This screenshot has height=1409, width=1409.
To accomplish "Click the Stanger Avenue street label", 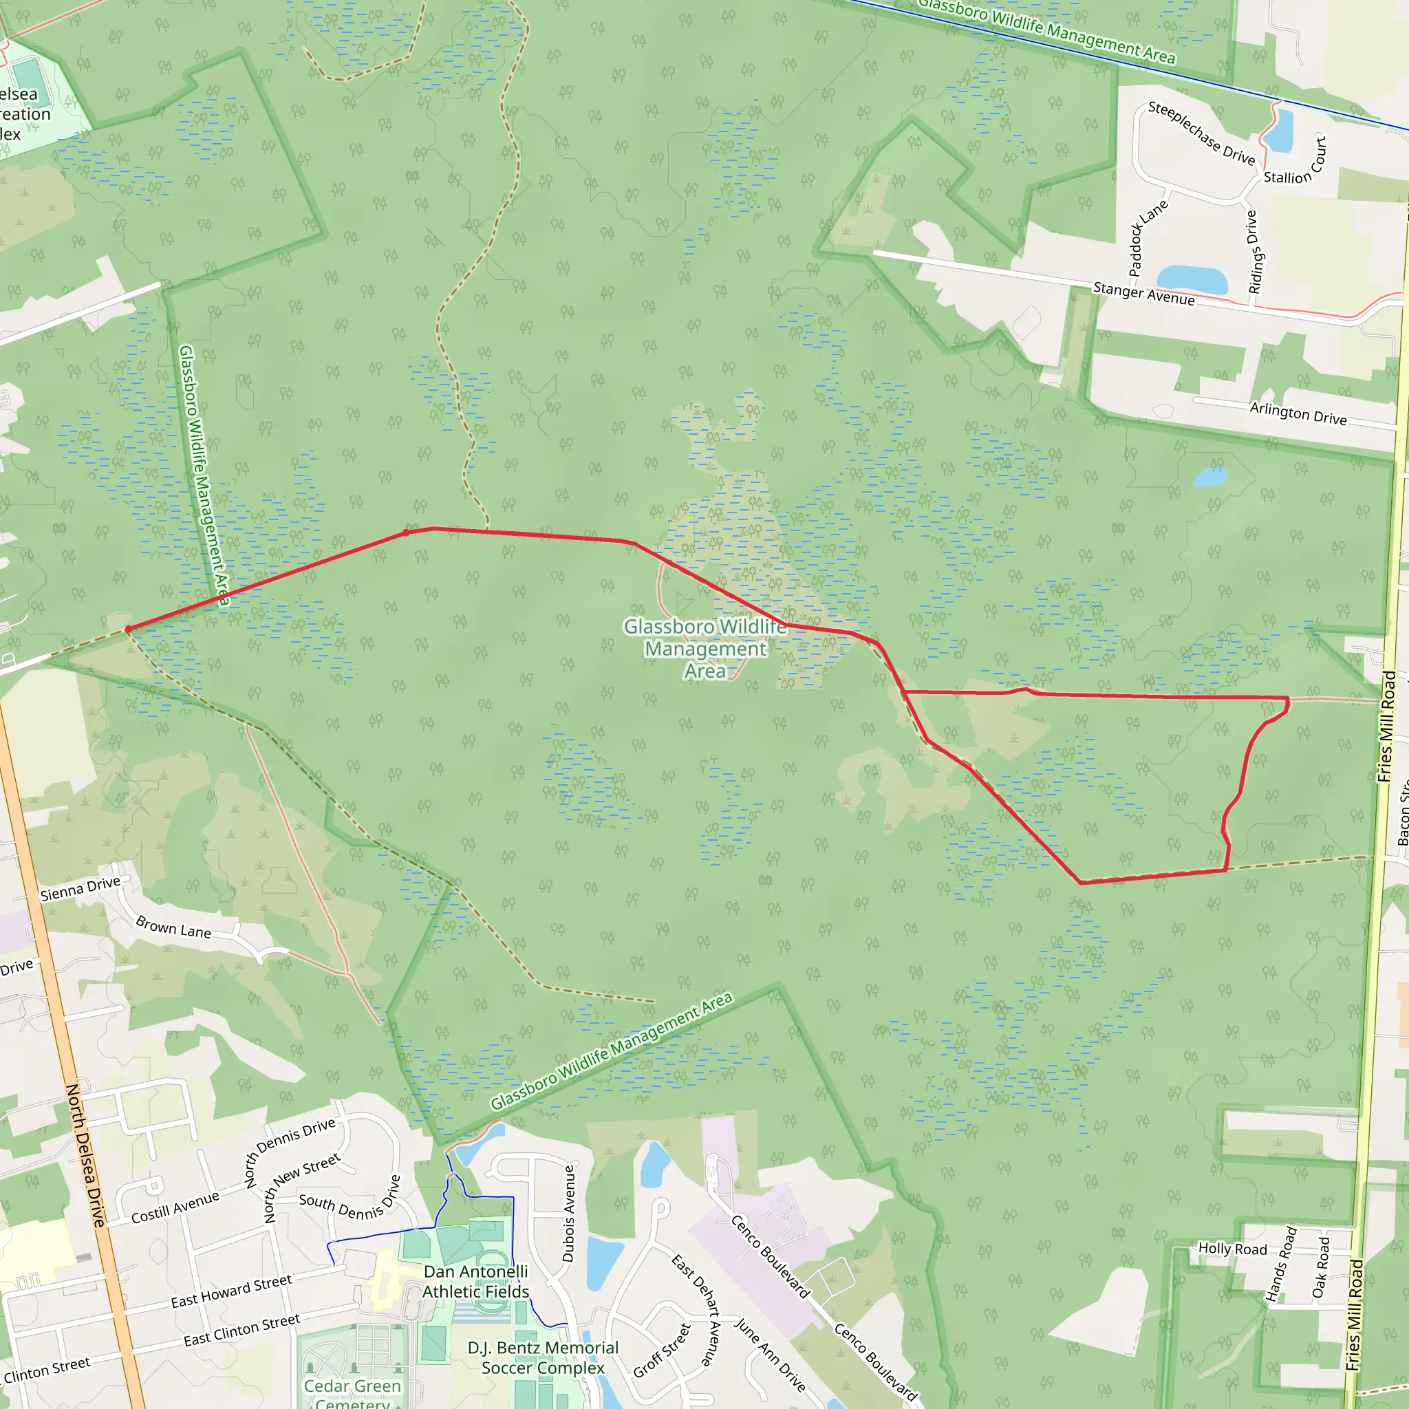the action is click(1143, 293).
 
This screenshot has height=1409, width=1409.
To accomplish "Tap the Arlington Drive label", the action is click(1298, 413).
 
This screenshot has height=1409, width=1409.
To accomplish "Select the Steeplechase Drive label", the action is click(1201, 133).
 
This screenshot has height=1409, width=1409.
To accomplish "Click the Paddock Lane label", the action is click(1147, 238).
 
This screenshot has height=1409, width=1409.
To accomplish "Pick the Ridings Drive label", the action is click(1254, 252).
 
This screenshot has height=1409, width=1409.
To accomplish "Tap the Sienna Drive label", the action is click(80, 888).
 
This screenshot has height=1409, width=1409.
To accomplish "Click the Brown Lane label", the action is click(173, 927).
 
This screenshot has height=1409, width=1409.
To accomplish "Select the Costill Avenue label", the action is click(175, 1207).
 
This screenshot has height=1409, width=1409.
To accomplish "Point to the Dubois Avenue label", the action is click(569, 1214).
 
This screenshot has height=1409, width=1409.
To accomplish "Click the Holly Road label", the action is click(1232, 1249).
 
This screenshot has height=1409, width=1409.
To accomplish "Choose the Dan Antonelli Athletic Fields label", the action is click(475, 1281).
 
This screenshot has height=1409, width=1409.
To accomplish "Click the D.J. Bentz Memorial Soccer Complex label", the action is click(543, 1357).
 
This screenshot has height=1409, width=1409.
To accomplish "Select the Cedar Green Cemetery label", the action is click(352, 1393).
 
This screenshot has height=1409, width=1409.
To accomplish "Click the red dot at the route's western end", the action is click(129, 630).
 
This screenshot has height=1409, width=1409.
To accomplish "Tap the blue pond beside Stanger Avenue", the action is click(1192, 280).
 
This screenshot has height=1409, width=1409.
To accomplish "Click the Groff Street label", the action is click(661, 1351).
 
